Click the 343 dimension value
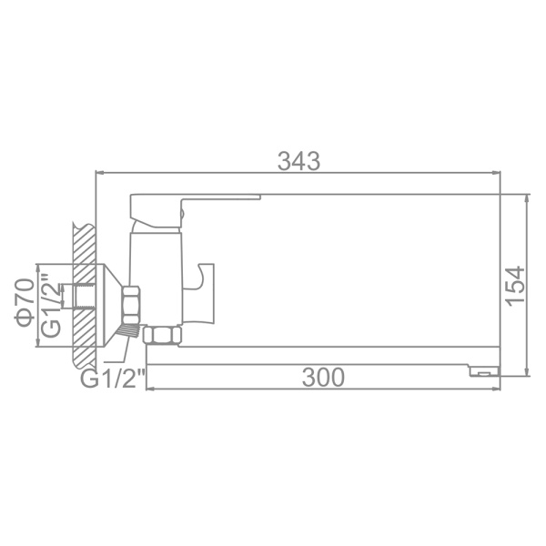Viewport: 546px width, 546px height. (299, 161)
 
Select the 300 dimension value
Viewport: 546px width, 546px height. (323, 378)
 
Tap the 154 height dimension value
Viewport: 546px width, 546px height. (515, 286)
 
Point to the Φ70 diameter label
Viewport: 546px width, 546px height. (25, 303)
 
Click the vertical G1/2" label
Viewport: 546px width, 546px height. (51, 304)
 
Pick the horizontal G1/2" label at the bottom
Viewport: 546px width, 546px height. (113, 379)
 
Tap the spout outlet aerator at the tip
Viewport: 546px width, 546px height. (484, 371)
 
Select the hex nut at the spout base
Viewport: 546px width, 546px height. (162, 335)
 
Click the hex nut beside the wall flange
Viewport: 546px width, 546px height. (132, 306)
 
